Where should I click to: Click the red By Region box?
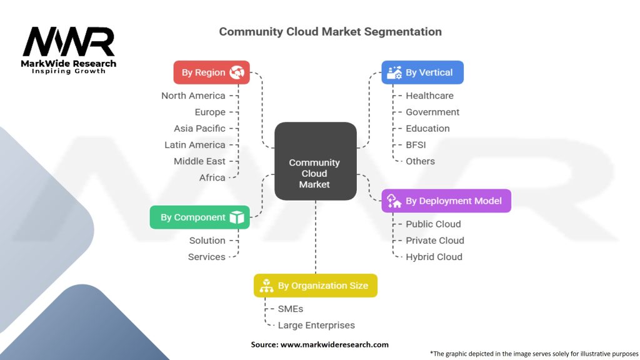tap(211, 72)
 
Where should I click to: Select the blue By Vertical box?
tap(422, 72)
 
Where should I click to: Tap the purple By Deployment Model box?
tap(446, 201)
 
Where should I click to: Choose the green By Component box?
tap(199, 217)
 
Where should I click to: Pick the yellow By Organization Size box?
tap(316, 286)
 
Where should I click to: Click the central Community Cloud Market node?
tap(316, 161)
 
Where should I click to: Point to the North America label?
tap(193, 96)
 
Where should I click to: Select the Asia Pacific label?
tap(199, 129)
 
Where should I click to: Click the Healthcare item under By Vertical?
tap(429, 96)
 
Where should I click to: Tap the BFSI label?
tap(416, 145)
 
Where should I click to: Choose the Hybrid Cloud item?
tap(434, 257)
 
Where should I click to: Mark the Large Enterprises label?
tap(316, 325)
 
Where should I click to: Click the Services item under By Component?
tap(206, 257)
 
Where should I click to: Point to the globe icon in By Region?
tap(237, 72)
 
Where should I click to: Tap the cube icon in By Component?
tap(237, 217)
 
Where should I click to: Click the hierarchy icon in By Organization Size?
tap(266, 286)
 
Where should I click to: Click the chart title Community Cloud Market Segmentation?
tap(330, 32)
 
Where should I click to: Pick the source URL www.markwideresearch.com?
tap(334, 344)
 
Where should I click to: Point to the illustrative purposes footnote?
tap(534, 354)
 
